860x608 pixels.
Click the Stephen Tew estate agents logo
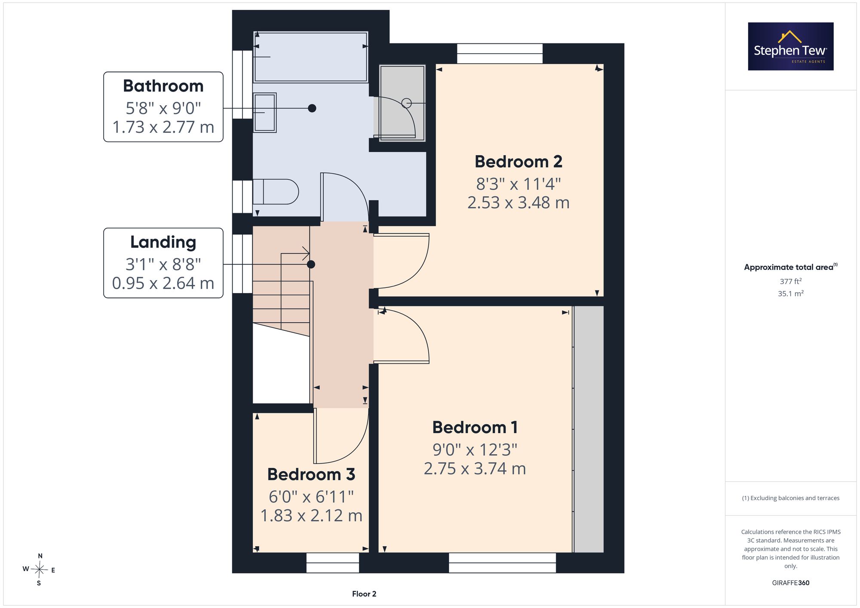point(791,46)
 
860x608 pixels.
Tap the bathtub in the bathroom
point(310,57)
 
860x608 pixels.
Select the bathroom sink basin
point(264,113)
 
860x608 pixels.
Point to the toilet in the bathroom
point(276,192)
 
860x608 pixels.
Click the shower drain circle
point(406,103)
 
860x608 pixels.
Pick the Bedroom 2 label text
point(519,162)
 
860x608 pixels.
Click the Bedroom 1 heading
point(475,427)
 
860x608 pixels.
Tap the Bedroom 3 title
point(311,474)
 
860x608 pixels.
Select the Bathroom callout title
point(163,86)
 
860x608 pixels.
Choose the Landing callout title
point(163,242)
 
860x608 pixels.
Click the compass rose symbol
point(39,570)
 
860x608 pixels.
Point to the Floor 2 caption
point(364,594)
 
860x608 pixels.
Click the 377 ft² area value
point(791,281)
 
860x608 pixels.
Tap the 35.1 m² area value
point(791,293)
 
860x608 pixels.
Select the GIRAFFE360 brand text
point(791,583)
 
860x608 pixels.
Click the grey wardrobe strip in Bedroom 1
point(589,429)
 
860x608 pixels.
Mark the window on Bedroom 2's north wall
point(500,54)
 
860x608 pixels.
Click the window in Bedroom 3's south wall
point(333,562)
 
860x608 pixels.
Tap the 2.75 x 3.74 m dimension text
point(475,468)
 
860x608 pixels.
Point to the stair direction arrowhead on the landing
point(307,254)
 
